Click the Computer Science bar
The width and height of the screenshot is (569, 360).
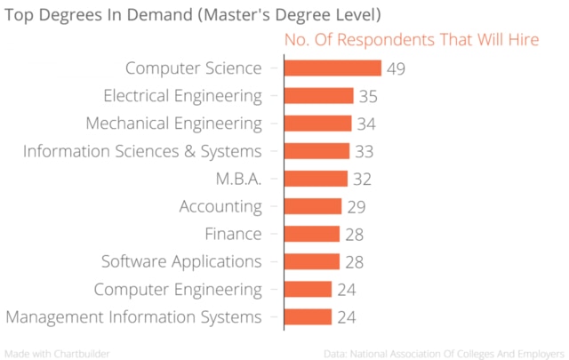(x=333, y=68)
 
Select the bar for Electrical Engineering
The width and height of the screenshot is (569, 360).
(x=318, y=96)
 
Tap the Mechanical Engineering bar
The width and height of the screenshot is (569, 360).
(x=317, y=124)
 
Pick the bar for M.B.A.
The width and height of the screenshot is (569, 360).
(x=316, y=179)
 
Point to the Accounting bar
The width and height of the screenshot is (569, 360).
(x=312, y=206)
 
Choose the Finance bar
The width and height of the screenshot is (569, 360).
(x=311, y=234)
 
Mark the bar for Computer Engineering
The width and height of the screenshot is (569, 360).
(x=308, y=289)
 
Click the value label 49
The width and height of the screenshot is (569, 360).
(x=397, y=68)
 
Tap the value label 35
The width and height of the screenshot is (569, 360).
(x=367, y=96)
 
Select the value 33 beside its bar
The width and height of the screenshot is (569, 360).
(x=364, y=151)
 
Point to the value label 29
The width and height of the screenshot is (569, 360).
(x=356, y=206)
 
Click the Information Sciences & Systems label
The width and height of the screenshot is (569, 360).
(x=142, y=151)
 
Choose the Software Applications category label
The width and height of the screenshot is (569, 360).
(x=181, y=261)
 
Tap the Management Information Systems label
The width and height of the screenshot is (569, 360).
(x=133, y=316)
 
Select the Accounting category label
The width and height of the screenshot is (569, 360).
(x=220, y=206)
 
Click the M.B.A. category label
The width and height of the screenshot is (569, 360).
(x=238, y=179)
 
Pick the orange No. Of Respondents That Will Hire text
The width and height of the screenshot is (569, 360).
(x=411, y=40)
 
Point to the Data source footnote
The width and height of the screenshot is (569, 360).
(x=445, y=353)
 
